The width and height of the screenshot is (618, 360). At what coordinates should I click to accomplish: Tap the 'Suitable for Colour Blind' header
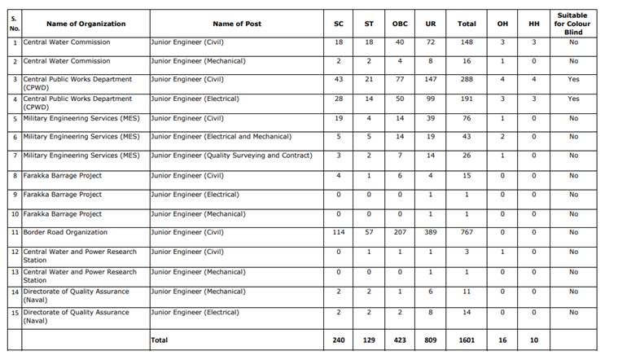point(573,24)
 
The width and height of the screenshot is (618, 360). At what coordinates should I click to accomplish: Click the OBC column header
point(400,24)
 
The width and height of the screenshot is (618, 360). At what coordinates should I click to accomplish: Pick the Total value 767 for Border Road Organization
point(467,233)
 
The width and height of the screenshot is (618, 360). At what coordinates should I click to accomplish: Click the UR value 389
point(431,233)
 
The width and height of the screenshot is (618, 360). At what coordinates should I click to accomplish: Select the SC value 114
point(339,233)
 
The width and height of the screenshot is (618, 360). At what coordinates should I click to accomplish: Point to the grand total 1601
point(467,340)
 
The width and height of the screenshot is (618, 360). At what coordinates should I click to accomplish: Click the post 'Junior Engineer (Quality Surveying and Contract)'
point(231,156)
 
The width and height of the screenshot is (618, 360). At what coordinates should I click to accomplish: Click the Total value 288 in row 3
point(467,80)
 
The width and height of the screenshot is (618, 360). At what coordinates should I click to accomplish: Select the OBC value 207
point(400,233)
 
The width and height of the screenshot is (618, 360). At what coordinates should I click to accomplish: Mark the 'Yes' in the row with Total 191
point(573,99)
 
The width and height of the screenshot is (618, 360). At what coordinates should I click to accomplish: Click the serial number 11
point(15,233)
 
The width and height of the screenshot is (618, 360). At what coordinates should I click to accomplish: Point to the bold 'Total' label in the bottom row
point(160,340)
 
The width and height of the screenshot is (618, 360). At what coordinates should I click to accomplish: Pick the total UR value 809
point(431,340)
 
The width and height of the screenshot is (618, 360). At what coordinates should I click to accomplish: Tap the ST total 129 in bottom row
point(369,340)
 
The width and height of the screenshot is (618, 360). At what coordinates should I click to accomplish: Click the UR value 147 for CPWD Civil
point(431,80)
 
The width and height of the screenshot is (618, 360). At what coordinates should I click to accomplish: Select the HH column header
point(533,24)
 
